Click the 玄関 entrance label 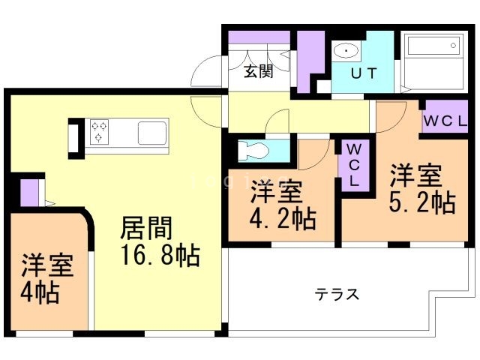tap(257, 72)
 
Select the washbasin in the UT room tap(346, 52)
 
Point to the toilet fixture tap(252, 151)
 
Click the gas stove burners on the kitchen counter tap(100, 132)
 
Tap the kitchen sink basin tap(153, 133)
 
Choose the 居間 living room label tap(148, 227)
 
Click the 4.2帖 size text tap(283, 219)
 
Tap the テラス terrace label tap(337, 294)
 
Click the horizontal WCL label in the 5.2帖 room tap(446, 120)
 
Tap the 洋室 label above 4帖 tap(46, 265)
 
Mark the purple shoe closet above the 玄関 tap(259, 37)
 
